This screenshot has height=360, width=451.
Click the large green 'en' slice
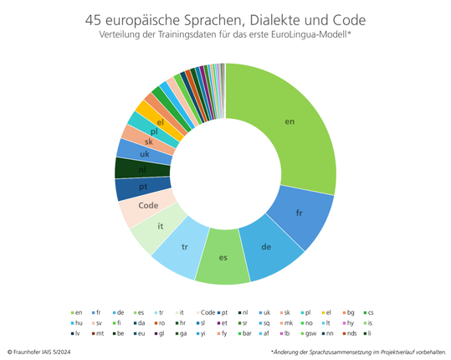(x=290, y=122)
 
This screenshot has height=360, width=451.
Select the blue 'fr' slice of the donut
(x=299, y=213)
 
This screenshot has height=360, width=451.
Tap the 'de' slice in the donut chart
(x=266, y=248)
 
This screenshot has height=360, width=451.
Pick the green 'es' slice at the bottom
(x=223, y=257)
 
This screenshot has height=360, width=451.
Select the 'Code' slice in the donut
(x=148, y=205)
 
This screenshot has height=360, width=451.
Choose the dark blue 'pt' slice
(x=143, y=187)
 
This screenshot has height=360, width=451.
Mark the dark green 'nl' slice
(x=142, y=169)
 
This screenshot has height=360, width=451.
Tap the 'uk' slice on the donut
(x=145, y=154)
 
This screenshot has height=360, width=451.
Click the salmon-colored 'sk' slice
(x=148, y=141)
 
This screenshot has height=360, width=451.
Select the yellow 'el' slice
(x=160, y=121)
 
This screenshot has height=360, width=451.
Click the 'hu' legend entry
(x=77, y=322)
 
